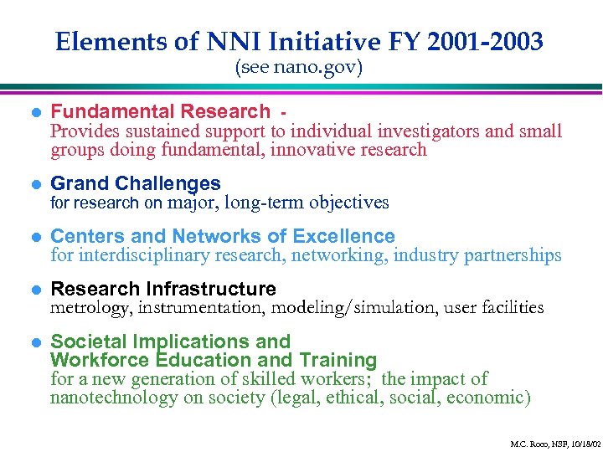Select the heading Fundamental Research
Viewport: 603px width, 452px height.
pyautogui.click(x=161, y=111)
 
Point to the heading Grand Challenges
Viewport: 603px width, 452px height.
pyautogui.click(x=136, y=183)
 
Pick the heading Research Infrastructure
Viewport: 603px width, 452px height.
pyautogui.click(x=163, y=289)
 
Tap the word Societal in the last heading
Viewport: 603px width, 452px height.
pyautogui.click(x=86, y=342)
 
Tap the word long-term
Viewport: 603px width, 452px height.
pyautogui.click(x=265, y=203)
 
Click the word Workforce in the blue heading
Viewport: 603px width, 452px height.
pyautogui.click(x=99, y=361)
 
